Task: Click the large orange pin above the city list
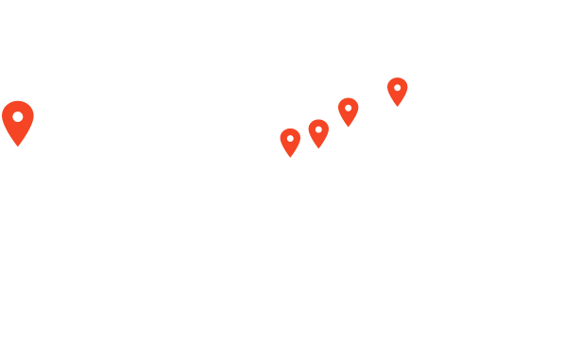pyautogui.click(x=17, y=121)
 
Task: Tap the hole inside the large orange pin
pyautogui.click(x=17, y=115)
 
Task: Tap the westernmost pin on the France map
pyautogui.click(x=290, y=142)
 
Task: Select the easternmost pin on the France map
pyautogui.click(x=398, y=91)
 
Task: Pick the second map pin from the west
pyautogui.click(x=318, y=133)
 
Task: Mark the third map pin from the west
pyautogui.click(x=349, y=111)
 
